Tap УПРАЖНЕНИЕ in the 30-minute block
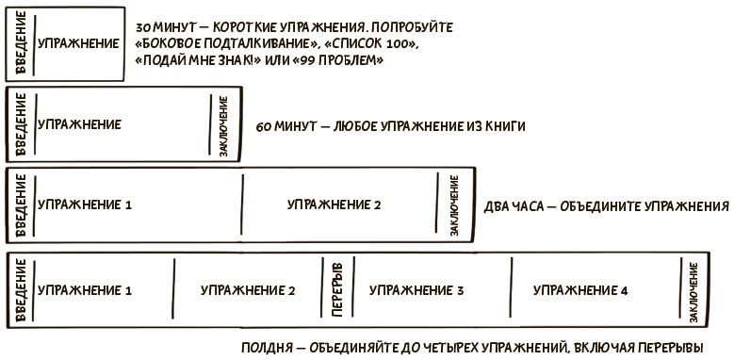[78, 43]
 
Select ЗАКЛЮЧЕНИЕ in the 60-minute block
[224, 125]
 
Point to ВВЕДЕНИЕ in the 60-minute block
[21, 124]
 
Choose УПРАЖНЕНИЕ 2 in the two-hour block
[334, 205]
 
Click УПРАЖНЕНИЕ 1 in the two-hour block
[84, 205]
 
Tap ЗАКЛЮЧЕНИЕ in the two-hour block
[454, 205]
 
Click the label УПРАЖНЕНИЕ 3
[416, 290]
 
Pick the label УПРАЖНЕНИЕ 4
[580, 290]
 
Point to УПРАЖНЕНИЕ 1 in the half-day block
[84, 290]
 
